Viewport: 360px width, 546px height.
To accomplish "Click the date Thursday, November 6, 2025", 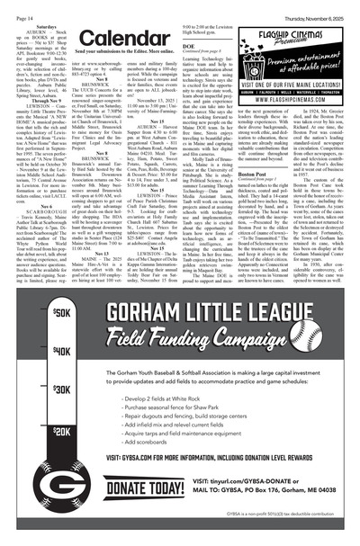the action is (x=311, y=8).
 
